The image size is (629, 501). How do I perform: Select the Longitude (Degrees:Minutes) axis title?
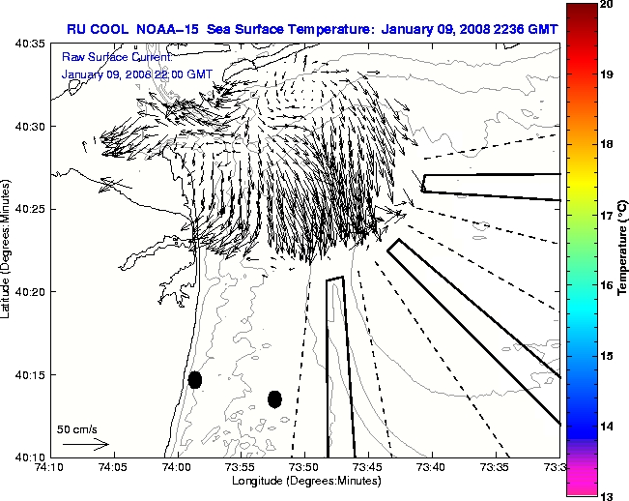click(304, 482)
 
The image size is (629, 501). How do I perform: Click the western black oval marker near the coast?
click(195, 379)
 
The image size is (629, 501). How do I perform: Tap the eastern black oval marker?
click(274, 398)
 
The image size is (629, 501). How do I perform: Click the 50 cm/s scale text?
click(77, 428)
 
